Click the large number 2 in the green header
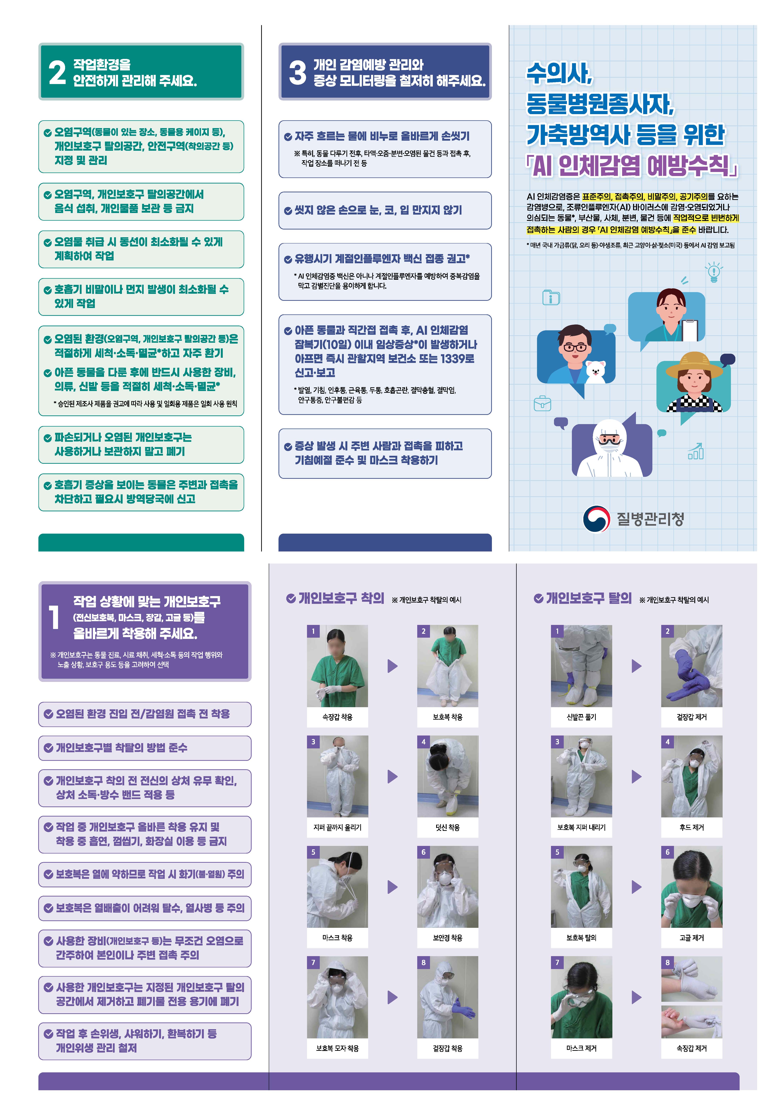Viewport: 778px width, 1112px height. point(57,73)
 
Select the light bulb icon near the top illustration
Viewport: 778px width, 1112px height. point(714,272)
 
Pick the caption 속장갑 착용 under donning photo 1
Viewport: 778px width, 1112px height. point(337,717)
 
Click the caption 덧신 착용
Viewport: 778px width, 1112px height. point(447,827)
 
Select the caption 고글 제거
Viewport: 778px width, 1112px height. point(691,938)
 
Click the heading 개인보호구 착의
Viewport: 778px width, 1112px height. point(341,599)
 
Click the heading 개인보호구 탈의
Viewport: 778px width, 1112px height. point(588,599)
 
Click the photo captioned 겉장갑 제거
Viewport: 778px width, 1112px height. point(691,666)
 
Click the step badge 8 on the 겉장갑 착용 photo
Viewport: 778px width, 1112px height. point(423,962)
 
